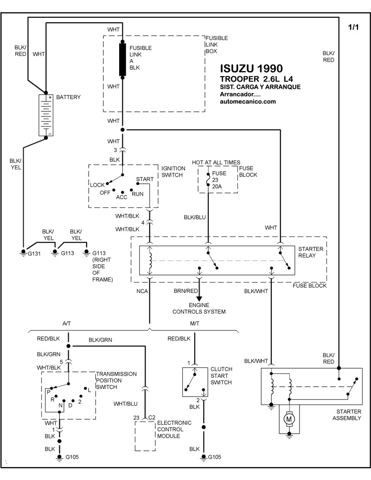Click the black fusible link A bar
123,59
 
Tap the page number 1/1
353,27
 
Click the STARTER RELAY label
311,252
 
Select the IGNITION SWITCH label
173,172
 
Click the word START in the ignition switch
145,179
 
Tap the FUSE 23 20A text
219,180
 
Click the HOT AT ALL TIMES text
216,162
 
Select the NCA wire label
142,292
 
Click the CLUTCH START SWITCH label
221,376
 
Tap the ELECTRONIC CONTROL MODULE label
174,429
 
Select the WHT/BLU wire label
125,404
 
